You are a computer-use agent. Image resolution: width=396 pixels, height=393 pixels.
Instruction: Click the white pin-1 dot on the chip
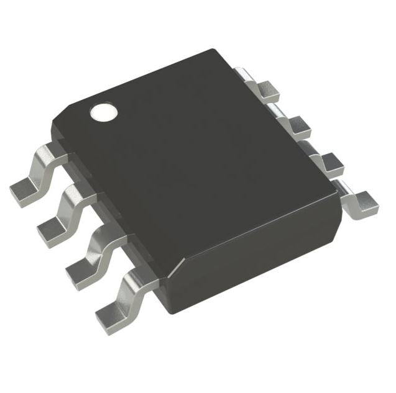click(103, 111)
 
